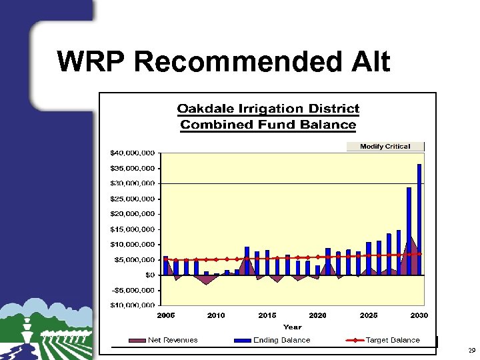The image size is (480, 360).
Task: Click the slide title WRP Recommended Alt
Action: [x=223, y=62]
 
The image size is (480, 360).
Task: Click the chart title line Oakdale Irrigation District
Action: [x=268, y=109]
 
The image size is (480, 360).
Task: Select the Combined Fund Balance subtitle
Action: [x=268, y=125]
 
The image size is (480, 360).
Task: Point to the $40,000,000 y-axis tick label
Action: [x=133, y=153]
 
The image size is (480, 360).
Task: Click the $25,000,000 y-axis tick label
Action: [x=133, y=199]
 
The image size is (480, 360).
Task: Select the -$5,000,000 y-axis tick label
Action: [x=133, y=290]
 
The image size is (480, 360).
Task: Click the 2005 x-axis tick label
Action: [x=165, y=315]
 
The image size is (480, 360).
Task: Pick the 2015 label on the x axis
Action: [x=267, y=315]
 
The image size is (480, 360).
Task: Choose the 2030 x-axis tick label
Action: [x=419, y=315]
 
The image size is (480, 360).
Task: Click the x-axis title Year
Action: [x=292, y=327]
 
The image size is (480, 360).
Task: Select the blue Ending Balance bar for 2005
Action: [x=166, y=265]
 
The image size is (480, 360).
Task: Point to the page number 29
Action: [x=471, y=350]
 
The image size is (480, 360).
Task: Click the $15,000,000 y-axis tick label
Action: [x=133, y=229]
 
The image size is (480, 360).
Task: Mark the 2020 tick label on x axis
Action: [x=317, y=315]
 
